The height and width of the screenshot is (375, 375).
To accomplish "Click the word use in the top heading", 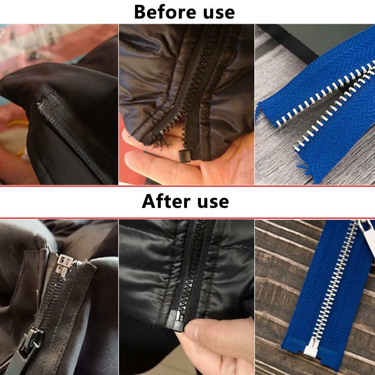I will point(218,13).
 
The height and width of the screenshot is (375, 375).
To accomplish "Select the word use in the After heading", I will point(212,202).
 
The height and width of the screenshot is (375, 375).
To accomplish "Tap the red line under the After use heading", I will point(187,218).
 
